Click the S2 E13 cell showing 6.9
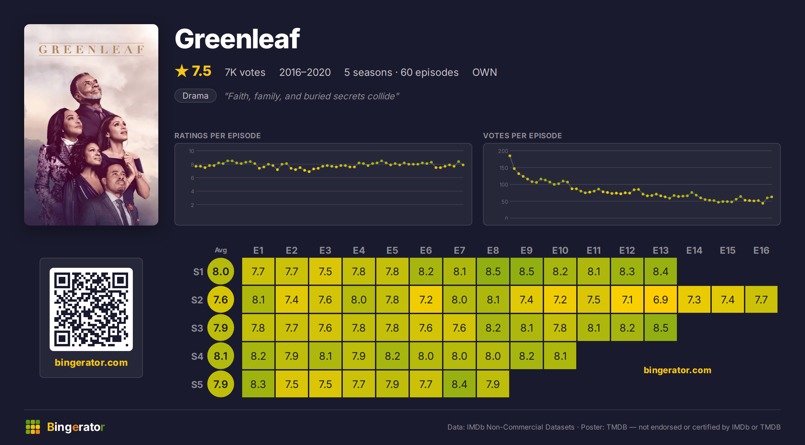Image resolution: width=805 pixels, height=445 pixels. tap(660, 299)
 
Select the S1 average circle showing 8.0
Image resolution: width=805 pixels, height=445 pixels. tap(221, 271)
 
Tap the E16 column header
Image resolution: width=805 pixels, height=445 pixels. tap(761, 250)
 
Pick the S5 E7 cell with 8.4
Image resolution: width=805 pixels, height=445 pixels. tap(459, 384)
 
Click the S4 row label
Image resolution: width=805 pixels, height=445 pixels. tap(197, 356)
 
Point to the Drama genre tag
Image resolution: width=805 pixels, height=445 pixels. tap(195, 96)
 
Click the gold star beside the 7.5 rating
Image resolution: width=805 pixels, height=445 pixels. tap(182, 71)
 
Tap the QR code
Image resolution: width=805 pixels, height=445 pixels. tap(91, 309)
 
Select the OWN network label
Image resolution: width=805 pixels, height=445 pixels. tap(485, 72)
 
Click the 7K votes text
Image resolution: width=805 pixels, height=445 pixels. tap(245, 72)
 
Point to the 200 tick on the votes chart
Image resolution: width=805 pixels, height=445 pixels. tap(503, 151)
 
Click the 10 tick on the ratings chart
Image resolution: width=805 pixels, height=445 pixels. tap(191, 151)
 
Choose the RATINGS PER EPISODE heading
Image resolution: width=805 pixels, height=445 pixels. tap(217, 136)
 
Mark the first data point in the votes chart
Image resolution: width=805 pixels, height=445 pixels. tap(510, 156)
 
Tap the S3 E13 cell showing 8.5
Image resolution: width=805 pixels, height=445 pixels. tap(660, 328)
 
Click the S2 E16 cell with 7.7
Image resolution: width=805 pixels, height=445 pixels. tap(761, 299)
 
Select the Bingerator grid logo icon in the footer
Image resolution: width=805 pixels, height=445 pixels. tap(33, 427)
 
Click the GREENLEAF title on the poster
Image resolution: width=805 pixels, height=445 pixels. tap(91, 50)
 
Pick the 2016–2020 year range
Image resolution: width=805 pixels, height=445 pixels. tap(305, 72)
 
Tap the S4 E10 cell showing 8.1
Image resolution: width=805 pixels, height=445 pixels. tap(560, 356)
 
